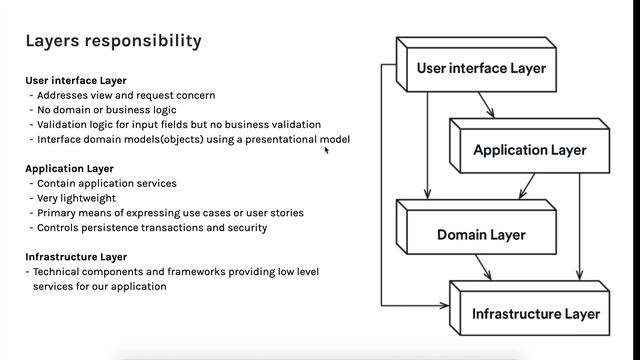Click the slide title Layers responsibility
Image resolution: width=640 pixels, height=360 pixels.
(112, 41)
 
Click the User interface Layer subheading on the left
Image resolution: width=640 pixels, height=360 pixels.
(75, 80)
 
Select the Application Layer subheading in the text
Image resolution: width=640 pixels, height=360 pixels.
(69, 169)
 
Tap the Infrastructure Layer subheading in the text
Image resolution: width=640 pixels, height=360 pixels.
(76, 257)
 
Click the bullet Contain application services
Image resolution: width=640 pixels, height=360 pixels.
(106, 184)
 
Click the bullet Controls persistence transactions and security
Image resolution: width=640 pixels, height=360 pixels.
(151, 227)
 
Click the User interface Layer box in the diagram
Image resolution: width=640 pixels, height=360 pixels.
(480, 69)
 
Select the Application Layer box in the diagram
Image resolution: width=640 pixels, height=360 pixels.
(529, 151)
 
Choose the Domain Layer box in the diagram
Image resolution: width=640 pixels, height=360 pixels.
(480, 235)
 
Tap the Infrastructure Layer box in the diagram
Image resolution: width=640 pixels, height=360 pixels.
(535, 314)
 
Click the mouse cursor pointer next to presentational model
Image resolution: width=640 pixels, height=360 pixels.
(326, 150)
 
